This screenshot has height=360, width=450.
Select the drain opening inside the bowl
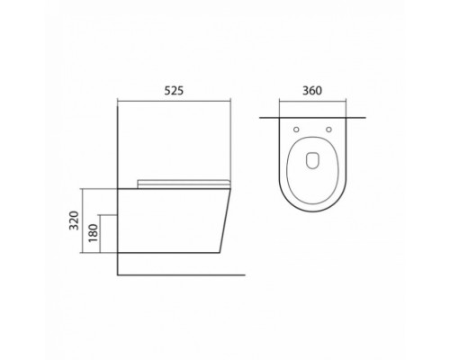(312, 162)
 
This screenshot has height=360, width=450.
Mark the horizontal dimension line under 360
(312, 101)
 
